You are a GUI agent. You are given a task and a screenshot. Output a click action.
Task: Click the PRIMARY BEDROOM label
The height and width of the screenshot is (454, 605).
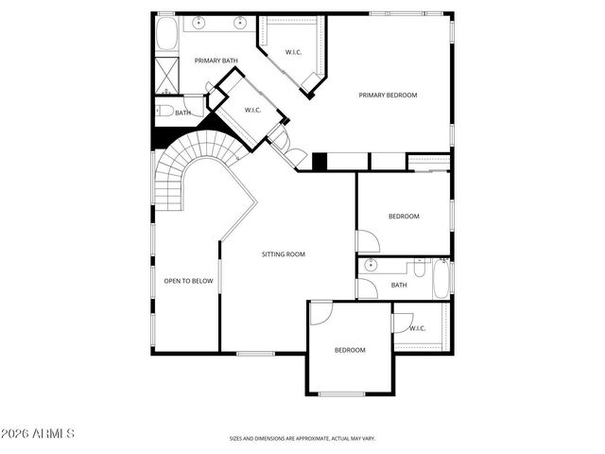(388, 95)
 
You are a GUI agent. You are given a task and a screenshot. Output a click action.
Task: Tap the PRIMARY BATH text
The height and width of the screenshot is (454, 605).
(216, 61)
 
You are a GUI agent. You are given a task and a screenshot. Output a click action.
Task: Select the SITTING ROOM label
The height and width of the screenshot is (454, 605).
(284, 253)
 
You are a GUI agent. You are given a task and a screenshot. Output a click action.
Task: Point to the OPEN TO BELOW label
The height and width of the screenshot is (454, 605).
(188, 280)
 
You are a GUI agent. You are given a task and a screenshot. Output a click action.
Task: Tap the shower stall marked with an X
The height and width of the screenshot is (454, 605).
(165, 74)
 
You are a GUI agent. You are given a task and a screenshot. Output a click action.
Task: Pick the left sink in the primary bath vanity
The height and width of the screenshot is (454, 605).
(200, 21)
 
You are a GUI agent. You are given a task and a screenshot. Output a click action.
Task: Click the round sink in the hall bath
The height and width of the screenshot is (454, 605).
(372, 265)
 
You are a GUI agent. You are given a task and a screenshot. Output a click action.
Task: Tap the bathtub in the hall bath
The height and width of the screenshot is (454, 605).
(439, 280)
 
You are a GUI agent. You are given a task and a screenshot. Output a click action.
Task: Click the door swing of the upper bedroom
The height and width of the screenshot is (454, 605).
(367, 241)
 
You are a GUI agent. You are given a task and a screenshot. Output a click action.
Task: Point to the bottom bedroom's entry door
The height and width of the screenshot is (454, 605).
(321, 312)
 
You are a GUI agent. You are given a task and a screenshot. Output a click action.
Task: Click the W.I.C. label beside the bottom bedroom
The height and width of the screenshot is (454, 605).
(417, 328)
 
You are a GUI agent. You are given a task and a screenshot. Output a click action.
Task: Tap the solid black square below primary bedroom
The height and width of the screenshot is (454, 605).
(320, 162)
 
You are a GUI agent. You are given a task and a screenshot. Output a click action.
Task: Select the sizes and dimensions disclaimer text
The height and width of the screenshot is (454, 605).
(302, 439)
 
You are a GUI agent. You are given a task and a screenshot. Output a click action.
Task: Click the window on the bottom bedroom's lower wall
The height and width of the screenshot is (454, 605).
(341, 393)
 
